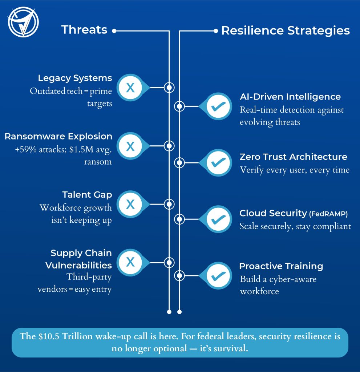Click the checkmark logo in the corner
tap(23, 22)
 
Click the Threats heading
tap(84, 30)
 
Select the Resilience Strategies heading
tap(286, 31)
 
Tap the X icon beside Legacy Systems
tap(130, 88)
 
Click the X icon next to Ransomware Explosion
tap(130, 146)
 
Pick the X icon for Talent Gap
tap(130, 204)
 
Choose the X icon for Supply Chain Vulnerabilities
tap(130, 262)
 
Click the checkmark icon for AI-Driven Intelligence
tap(218, 106)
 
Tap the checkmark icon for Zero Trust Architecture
tap(218, 162)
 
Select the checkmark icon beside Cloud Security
tap(218, 219)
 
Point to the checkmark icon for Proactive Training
tap(218, 275)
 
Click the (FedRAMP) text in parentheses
tap(328, 214)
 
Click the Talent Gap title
tap(87, 195)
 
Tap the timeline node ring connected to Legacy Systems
tap(169, 88)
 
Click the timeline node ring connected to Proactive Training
tap(179, 275)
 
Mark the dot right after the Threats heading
tap(114, 31)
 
